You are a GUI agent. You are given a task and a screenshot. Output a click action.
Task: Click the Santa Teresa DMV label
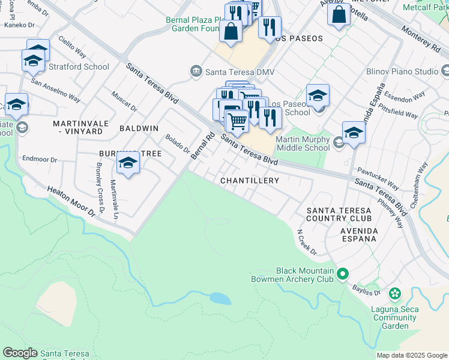pos(240,72)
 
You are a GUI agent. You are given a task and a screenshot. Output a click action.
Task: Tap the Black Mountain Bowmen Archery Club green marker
pos(343,274)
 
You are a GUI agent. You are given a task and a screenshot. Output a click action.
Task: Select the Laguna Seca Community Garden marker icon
pos(394,294)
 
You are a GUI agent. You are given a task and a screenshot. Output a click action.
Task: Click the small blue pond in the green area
pos(220,298)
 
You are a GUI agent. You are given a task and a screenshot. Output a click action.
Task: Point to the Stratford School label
pos(79,67)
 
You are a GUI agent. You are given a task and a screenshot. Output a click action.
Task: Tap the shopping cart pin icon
pos(238,121)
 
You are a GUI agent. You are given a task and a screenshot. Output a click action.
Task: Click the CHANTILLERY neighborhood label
pos(250,181)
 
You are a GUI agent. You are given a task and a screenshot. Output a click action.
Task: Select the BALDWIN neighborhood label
pos(139,128)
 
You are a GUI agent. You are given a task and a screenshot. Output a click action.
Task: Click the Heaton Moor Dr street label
pos(71,201)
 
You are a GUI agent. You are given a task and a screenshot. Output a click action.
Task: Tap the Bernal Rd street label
pos(202,146)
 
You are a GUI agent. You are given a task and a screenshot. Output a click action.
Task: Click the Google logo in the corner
pos(20,353)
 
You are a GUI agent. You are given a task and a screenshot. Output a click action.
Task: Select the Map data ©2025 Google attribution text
pos(412,355)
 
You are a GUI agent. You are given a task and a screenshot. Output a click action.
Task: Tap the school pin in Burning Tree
pos(128,163)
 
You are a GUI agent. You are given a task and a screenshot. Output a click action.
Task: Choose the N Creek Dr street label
pos(307,241)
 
